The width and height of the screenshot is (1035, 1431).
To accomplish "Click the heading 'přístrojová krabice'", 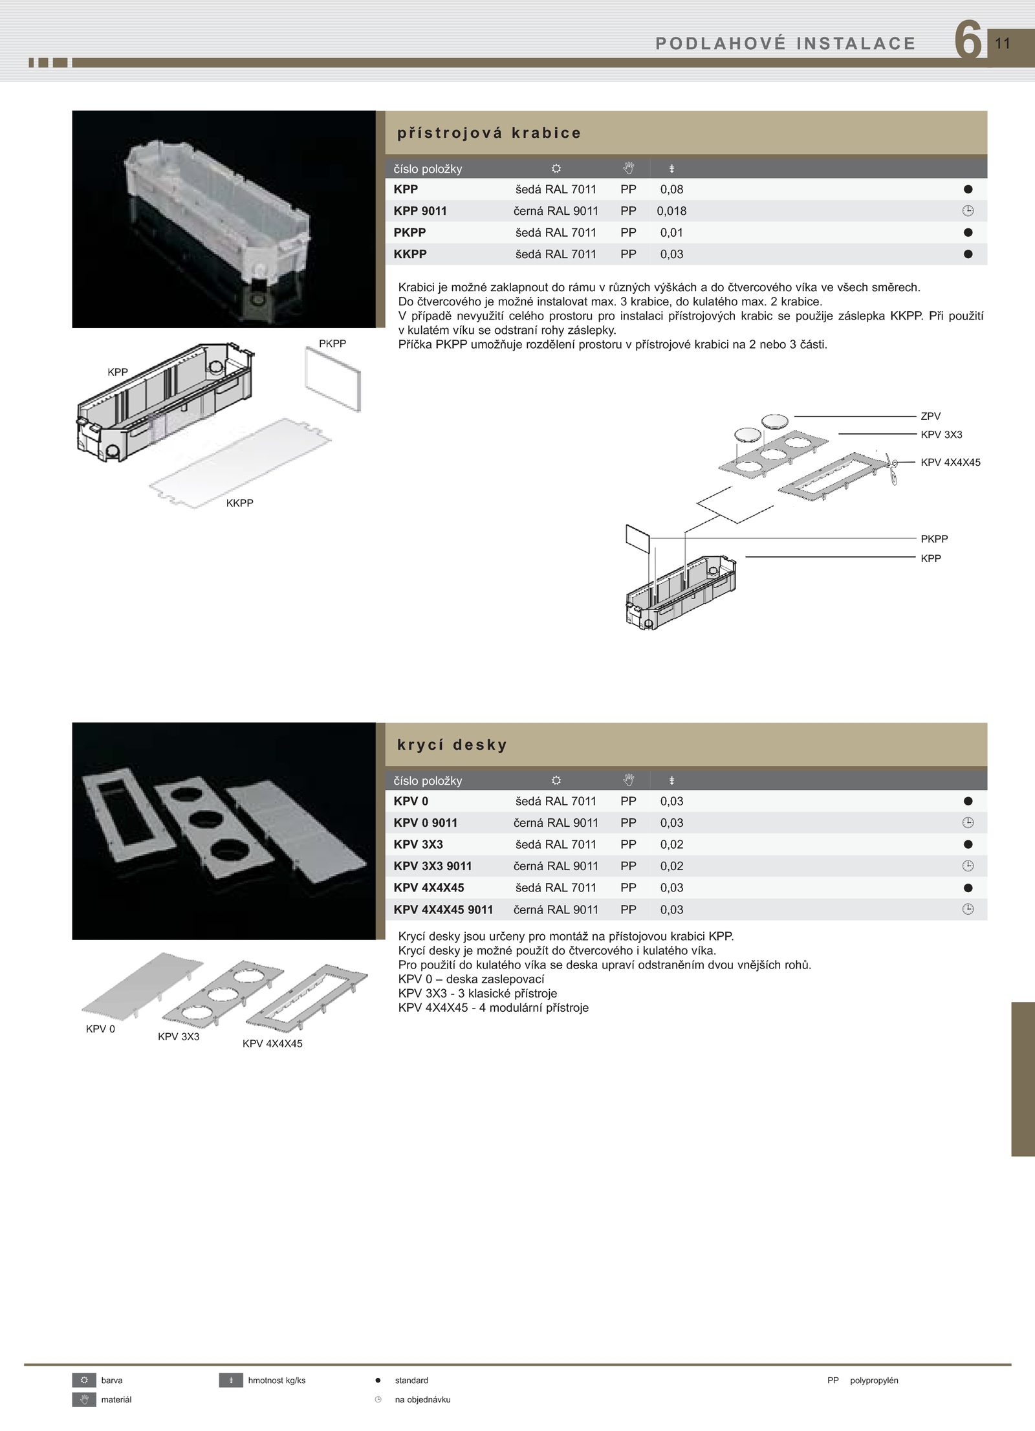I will pyautogui.click(x=489, y=133).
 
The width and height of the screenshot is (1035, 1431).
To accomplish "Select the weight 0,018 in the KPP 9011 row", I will pyautogui.click(x=671, y=211).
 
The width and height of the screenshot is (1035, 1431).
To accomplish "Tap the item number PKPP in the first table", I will pyautogui.click(x=409, y=232).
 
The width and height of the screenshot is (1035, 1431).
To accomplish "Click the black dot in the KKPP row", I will pyautogui.click(x=968, y=254).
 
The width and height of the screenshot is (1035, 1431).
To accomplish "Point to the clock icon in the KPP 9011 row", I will pyautogui.click(x=968, y=211).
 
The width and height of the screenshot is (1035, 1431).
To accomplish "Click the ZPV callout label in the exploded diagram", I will pyautogui.click(x=930, y=416).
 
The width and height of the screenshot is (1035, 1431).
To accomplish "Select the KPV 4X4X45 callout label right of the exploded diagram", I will pyautogui.click(x=950, y=463).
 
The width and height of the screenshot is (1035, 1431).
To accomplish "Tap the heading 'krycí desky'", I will pyautogui.click(x=452, y=745).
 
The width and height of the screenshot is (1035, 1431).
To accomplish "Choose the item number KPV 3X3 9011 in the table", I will pyautogui.click(x=433, y=866).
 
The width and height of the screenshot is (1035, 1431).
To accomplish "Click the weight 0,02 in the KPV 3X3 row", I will pyautogui.click(x=671, y=844).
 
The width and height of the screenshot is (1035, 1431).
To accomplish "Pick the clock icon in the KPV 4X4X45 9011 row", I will pyautogui.click(x=968, y=910).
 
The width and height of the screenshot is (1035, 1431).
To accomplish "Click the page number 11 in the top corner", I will pyautogui.click(x=1002, y=43).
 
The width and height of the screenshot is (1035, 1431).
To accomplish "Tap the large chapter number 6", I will pyautogui.click(x=968, y=41).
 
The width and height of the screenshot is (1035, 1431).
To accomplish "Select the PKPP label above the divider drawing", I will pyautogui.click(x=332, y=344).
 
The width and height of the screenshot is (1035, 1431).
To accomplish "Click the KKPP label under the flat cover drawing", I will pyautogui.click(x=239, y=503).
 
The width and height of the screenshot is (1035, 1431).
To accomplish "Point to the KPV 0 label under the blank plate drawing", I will pyautogui.click(x=100, y=1029).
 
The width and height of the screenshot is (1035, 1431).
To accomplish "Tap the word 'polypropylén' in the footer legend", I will pyautogui.click(x=874, y=1381).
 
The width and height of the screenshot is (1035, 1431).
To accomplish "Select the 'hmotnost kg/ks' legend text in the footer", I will pyautogui.click(x=276, y=1381).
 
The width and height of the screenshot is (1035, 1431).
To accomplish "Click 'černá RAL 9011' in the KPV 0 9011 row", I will pyautogui.click(x=556, y=823).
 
